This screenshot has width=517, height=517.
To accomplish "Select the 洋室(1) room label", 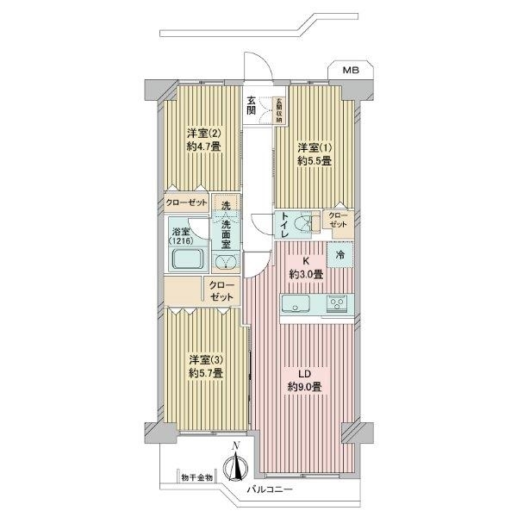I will (x=315, y=147).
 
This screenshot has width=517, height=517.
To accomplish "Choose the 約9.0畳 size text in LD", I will (x=306, y=387).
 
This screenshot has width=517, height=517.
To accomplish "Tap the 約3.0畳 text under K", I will (x=306, y=274).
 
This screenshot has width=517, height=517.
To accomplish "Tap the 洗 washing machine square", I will (x=225, y=206).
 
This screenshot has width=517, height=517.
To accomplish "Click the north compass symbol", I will (x=234, y=467).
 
